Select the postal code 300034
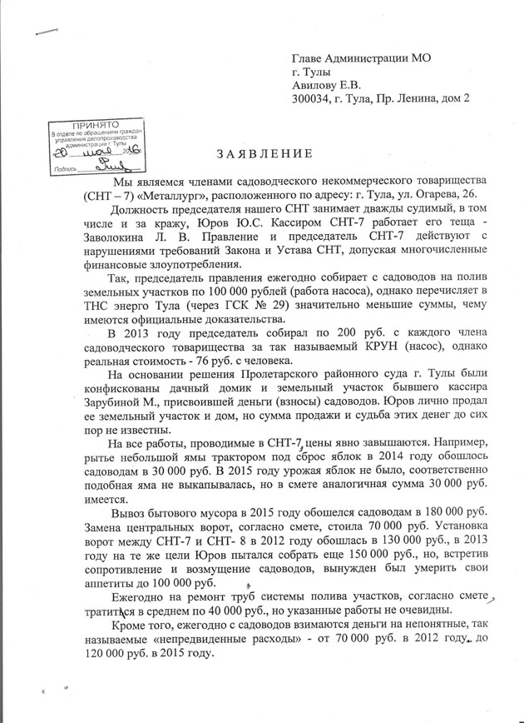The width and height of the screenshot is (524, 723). coord(311,98)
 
